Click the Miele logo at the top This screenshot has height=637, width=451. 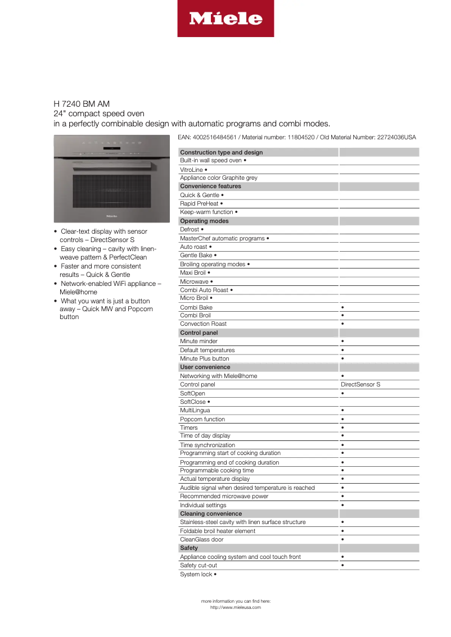click(225, 19)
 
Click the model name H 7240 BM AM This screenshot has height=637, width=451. click(82, 104)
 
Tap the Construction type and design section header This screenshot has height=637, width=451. click(221, 152)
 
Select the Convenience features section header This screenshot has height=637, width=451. click(210, 186)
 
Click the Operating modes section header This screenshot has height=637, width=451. click(204, 221)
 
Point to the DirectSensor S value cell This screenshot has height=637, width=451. click(360, 385)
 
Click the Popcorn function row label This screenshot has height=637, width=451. click(202, 419)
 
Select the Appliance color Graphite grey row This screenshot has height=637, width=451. click(218, 178)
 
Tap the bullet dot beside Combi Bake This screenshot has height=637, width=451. click(342, 307)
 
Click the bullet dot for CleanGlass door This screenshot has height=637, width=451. click(342, 540)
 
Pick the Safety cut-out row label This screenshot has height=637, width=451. click(199, 565)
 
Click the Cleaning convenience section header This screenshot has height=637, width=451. click(211, 513)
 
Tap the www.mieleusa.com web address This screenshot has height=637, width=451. click(236, 607)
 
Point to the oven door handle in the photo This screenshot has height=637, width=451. click(112, 166)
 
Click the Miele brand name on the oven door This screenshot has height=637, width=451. click(112, 214)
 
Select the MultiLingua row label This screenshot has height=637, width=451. click(195, 411)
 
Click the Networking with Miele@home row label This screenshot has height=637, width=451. click(218, 376)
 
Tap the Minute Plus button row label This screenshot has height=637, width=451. click(204, 358)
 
